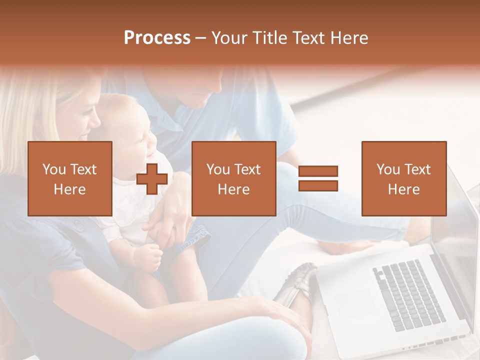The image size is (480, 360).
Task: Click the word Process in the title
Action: point(157,38)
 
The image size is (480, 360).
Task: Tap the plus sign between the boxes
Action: point(152,179)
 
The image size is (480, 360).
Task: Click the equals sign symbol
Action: point(318,178)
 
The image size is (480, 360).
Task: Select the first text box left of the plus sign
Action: point(70,179)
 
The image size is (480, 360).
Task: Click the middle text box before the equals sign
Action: point(233,179)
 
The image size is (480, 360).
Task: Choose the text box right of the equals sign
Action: point(403,179)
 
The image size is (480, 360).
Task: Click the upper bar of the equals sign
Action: point(318,171)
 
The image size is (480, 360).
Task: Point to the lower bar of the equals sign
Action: point(318,185)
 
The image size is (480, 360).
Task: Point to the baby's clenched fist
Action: point(148,258)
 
